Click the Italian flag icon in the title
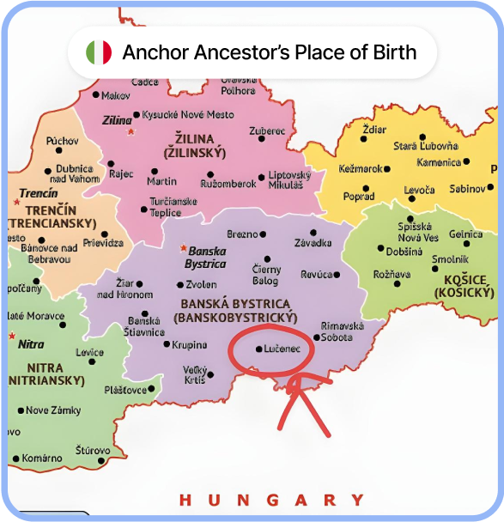click(x=99, y=52)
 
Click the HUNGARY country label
click(x=271, y=500)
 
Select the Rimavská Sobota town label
click(x=343, y=331)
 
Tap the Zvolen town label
click(x=202, y=284)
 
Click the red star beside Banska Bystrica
click(x=182, y=248)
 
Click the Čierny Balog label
click(x=265, y=275)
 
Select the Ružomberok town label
click(x=229, y=183)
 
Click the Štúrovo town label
click(x=93, y=450)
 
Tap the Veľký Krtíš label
click(x=195, y=374)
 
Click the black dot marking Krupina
click(x=167, y=345)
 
